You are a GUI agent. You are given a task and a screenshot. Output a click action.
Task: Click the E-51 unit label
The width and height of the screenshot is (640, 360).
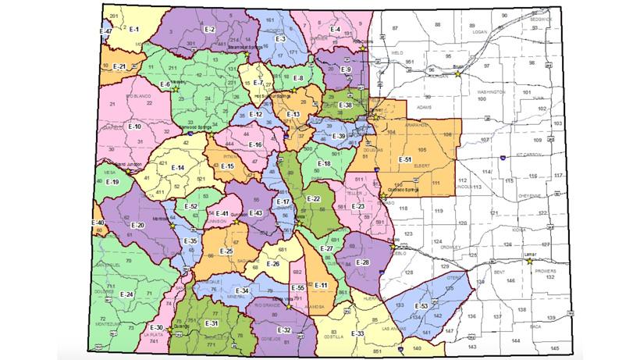pyautogui.click(x=404, y=159)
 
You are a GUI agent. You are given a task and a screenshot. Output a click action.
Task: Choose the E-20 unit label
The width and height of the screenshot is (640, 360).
pyautogui.click(x=137, y=225)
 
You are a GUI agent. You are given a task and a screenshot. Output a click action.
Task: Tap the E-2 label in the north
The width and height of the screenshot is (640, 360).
pyautogui.click(x=208, y=29)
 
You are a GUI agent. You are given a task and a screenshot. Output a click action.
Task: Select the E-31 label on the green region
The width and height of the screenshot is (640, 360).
pyautogui.click(x=211, y=323)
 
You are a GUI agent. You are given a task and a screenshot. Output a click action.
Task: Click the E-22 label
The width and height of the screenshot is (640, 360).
pyautogui.click(x=313, y=199)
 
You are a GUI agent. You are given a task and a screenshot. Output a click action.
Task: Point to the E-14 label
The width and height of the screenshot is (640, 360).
pyautogui.click(x=178, y=168)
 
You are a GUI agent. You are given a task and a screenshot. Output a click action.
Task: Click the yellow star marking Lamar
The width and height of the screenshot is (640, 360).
pyautogui.click(x=529, y=262)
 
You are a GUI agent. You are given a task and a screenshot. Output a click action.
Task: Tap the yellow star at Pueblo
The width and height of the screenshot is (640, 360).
pyautogui.click(x=392, y=246)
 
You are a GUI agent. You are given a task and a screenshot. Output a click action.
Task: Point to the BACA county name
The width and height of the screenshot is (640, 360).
pyautogui.click(x=535, y=326)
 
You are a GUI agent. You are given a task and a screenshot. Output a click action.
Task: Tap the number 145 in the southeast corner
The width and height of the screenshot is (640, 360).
pyautogui.click(x=553, y=346)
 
